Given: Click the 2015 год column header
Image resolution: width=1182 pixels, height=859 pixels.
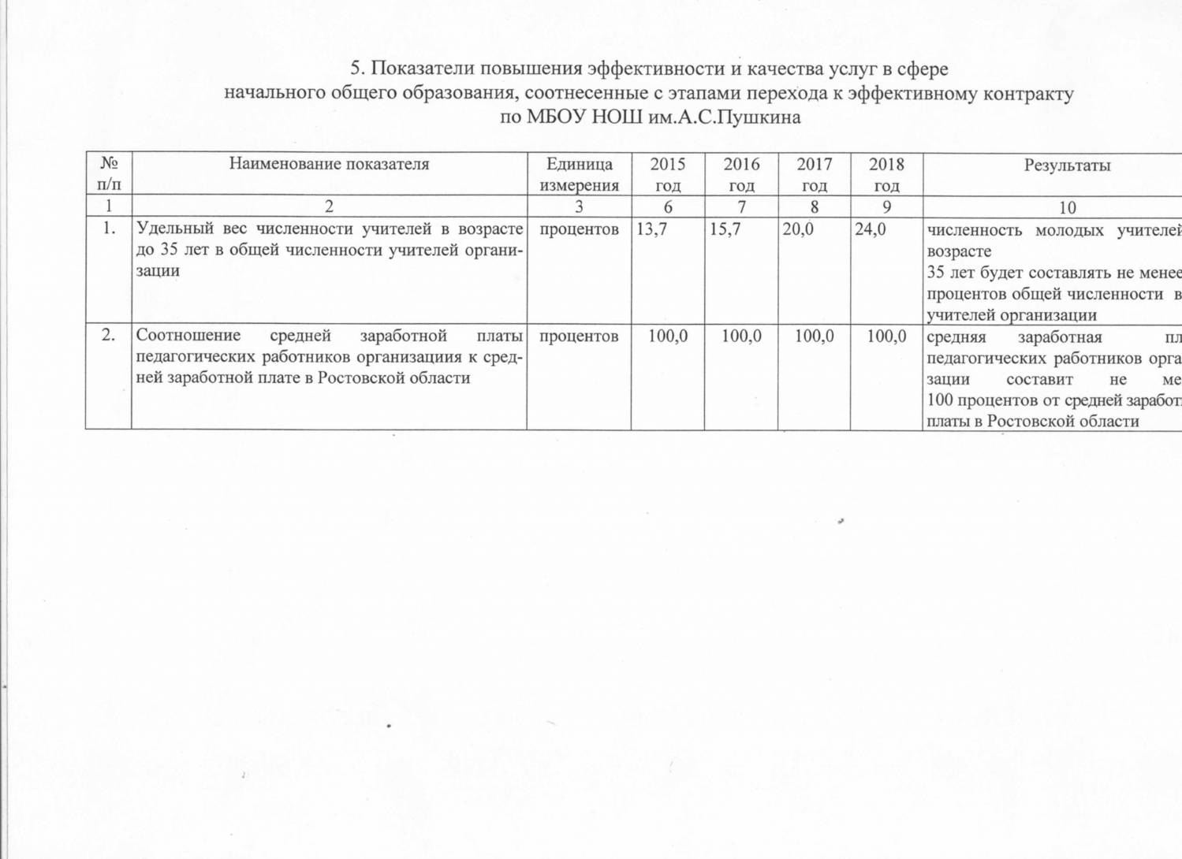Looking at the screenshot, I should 667,174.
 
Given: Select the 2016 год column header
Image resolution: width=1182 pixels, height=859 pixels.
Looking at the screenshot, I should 741,174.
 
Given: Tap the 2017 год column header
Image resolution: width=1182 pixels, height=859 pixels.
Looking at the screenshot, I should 814,174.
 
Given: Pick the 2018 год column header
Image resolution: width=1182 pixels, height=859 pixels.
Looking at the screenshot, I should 886,174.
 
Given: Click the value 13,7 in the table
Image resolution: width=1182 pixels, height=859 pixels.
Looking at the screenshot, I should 651,229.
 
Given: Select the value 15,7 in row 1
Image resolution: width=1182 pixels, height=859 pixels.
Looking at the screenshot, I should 725,229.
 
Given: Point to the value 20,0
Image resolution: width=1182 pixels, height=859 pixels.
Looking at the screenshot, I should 797,229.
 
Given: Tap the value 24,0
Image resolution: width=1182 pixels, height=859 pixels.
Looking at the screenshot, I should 871,229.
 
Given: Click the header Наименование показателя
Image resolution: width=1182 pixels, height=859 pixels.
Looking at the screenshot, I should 329,164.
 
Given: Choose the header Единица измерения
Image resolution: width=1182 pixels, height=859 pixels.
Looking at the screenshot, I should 579,174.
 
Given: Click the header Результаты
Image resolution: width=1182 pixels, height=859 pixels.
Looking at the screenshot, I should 1067,165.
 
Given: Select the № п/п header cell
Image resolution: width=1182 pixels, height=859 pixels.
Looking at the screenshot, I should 109,174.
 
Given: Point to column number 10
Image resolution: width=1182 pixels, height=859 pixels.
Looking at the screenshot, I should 1067,208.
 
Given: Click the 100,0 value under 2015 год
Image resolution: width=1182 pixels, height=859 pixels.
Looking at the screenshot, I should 668,337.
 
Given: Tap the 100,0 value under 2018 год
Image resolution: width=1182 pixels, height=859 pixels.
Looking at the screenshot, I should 887,337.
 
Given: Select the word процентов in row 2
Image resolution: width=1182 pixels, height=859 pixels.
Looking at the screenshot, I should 579,337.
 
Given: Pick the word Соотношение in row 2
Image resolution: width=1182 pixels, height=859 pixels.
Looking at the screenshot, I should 188,337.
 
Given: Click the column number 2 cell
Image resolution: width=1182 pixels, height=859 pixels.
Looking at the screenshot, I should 329,207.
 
